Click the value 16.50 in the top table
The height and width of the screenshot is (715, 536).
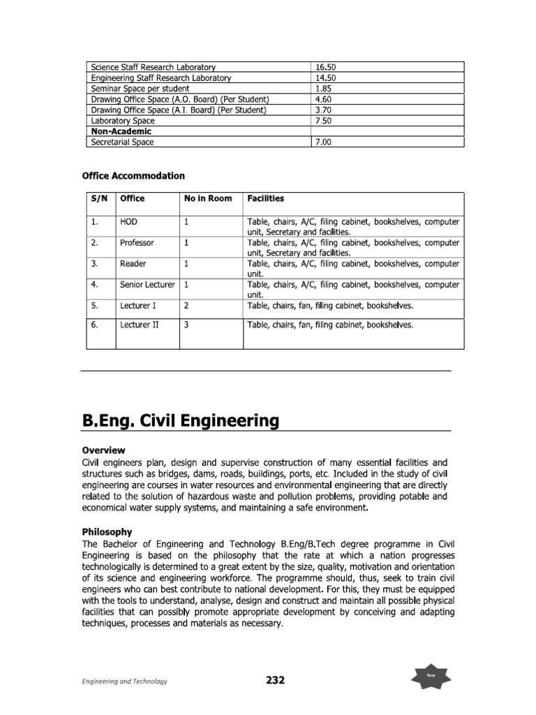coord(326,67)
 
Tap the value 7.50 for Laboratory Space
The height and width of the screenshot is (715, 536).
coord(324,120)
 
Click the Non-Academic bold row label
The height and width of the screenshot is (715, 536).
coord(121,131)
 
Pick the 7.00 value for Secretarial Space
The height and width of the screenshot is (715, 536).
coord(324,142)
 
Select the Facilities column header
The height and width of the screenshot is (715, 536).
coord(266,198)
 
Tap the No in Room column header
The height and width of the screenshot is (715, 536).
coord(208,198)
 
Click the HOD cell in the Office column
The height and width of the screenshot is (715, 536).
coord(128,221)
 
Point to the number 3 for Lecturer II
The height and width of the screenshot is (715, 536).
coord(186,325)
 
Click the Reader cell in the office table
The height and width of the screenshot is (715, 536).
coord(133,263)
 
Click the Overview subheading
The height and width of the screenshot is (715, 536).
coord(105,450)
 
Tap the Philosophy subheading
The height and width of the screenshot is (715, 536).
coord(109,531)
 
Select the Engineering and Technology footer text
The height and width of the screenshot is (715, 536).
coord(123,681)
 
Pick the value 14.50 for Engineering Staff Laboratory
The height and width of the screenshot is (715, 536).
coord(326,78)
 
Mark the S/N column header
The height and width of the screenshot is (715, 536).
coord(100,198)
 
